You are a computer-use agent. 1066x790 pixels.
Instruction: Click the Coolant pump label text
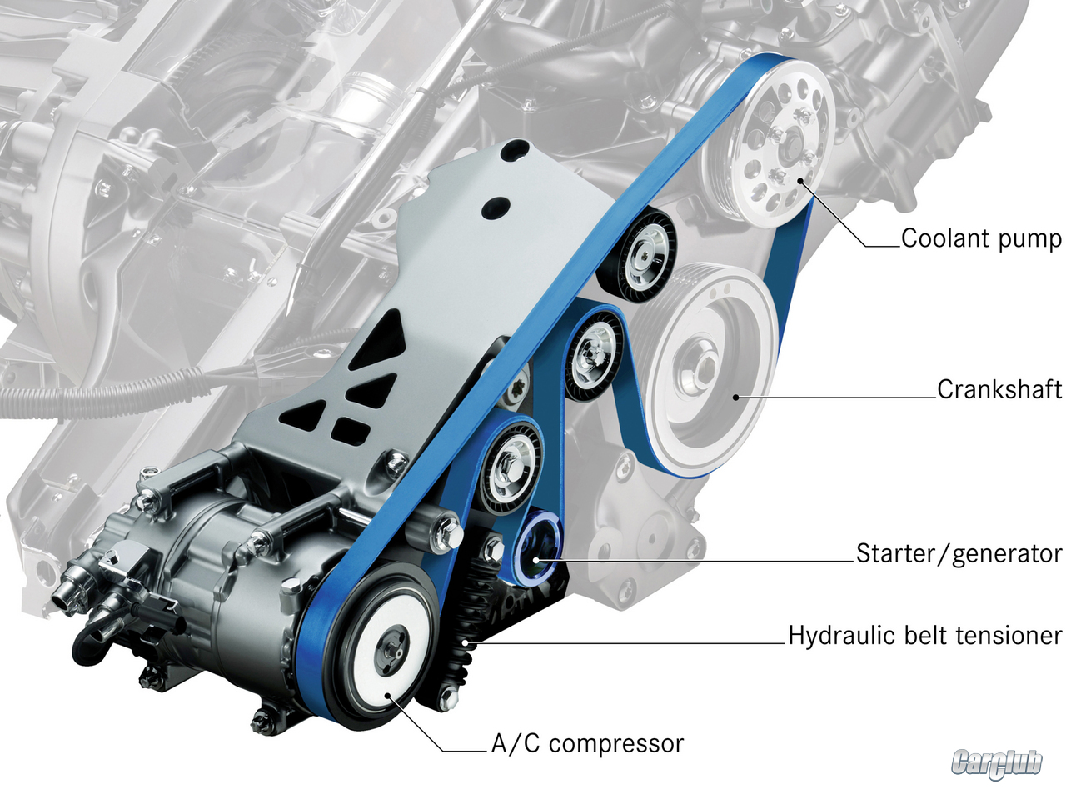tap(981, 239)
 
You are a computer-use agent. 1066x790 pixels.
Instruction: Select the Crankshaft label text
tap(999, 389)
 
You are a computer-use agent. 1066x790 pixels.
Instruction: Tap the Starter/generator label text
tap(959, 554)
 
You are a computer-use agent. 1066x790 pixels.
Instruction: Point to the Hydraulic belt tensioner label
tap(925, 636)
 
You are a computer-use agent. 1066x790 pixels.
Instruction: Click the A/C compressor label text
tap(587, 744)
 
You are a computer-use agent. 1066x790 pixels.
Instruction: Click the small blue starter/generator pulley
tap(537, 548)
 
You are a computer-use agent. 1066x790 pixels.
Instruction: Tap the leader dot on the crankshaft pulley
tap(735, 397)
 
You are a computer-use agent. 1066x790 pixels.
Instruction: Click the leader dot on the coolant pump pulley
tap(800, 181)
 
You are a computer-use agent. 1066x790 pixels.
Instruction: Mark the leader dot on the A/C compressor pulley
tap(388, 696)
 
